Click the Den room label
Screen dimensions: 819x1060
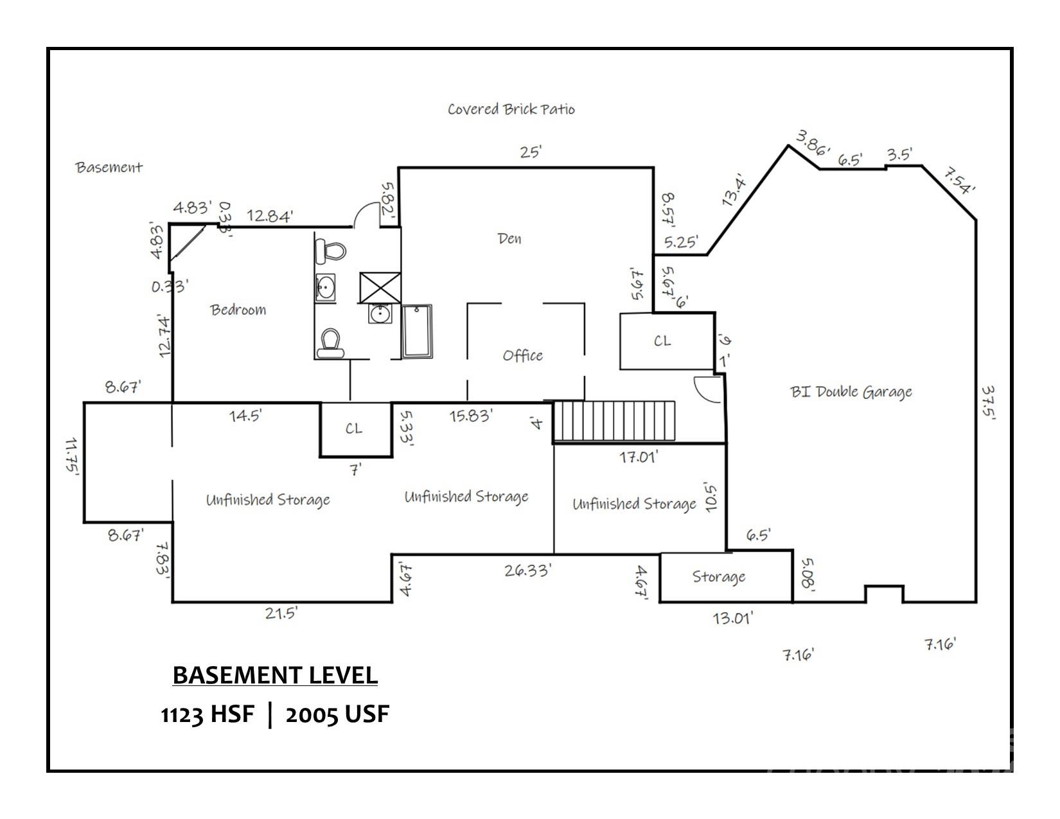click(509, 239)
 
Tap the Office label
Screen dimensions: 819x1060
click(522, 355)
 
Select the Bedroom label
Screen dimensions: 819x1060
click(238, 310)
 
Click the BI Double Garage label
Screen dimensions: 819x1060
click(851, 392)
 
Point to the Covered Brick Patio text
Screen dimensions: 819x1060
click(511, 109)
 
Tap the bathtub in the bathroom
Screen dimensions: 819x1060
click(417, 331)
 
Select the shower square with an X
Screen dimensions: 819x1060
click(380, 287)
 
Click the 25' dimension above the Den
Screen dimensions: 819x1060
click(531, 152)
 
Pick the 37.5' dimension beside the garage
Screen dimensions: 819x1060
click(989, 403)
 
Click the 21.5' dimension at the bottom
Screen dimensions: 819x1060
click(281, 613)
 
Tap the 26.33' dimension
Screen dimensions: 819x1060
click(527, 570)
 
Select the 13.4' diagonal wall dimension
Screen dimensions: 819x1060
click(733, 190)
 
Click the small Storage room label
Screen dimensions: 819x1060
click(718, 577)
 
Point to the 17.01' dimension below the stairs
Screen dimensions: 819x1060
click(639, 457)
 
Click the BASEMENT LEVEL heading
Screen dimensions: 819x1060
click(275, 675)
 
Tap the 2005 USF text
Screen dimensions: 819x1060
click(337, 714)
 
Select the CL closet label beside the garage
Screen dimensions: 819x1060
click(662, 341)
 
